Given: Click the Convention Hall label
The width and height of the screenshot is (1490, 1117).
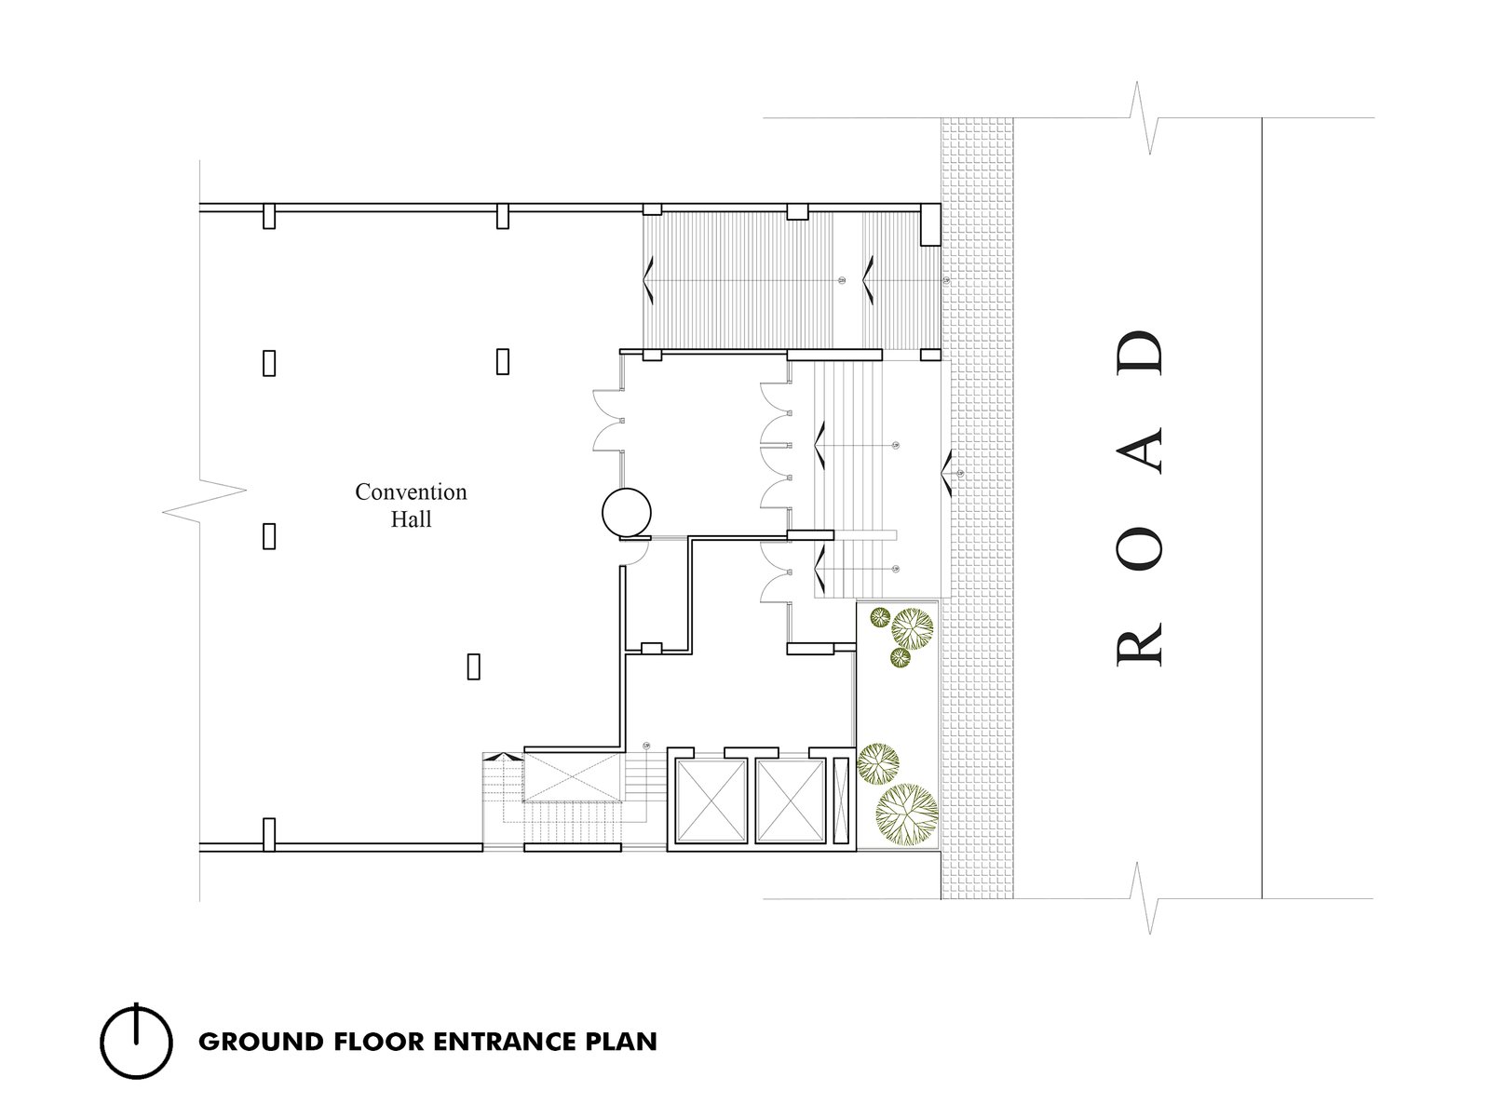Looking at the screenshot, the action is [x=411, y=505].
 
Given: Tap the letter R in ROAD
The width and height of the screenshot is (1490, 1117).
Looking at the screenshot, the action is [x=1140, y=649].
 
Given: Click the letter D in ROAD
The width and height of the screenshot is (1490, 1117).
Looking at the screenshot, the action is [x=1140, y=353].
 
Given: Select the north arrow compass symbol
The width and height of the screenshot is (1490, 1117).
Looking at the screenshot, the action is [x=137, y=1041].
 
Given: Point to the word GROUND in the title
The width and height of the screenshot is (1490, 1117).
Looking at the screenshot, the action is [x=261, y=1042].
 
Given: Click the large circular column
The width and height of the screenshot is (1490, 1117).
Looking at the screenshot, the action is [x=627, y=513].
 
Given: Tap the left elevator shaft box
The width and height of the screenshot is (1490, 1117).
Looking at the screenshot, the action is [x=711, y=800].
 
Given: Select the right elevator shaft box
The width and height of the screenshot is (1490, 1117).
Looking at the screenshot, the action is [x=790, y=800].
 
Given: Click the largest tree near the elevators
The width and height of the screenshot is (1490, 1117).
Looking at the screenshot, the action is [x=907, y=814].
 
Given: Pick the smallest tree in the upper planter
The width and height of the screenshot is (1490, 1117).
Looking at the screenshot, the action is [x=880, y=617].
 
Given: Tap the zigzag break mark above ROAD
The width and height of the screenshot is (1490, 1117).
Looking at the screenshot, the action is [x=1145, y=118].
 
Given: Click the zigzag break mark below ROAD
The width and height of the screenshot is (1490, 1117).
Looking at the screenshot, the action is [x=1145, y=898].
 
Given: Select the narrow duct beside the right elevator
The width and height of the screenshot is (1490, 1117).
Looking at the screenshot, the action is [x=841, y=800].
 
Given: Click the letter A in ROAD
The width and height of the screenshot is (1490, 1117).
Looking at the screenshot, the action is [x=1140, y=451].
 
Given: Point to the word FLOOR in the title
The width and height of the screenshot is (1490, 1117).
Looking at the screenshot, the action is [x=379, y=1042].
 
